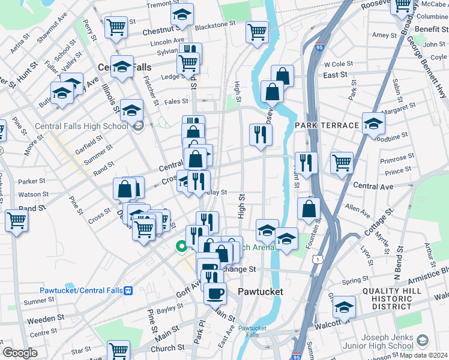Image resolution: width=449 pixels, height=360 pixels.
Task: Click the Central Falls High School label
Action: (x=82, y=126)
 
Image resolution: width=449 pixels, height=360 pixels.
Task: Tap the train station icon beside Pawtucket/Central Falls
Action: (x=128, y=290)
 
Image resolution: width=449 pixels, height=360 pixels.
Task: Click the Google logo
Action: (x=20, y=353)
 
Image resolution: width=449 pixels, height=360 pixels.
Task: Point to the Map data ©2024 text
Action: (x=424, y=355)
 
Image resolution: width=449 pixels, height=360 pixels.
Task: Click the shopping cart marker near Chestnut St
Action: (x=116, y=27)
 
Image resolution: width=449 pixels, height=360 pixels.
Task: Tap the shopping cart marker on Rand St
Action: (x=16, y=220)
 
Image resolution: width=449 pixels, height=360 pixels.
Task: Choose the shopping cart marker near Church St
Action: (x=118, y=350)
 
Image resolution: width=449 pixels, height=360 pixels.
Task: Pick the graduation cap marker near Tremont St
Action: (x=182, y=14)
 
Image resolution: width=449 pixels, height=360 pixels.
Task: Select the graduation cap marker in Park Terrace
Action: (x=373, y=124)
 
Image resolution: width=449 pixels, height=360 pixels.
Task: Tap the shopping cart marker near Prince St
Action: (x=342, y=161)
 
